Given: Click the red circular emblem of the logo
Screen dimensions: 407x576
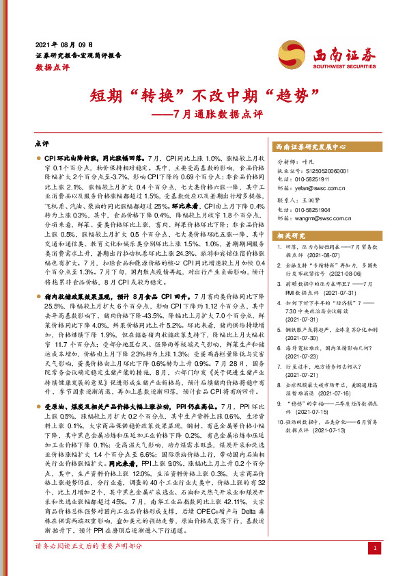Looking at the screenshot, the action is (x=291, y=53).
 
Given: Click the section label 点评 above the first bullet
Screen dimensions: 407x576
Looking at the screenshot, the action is (x=41, y=144).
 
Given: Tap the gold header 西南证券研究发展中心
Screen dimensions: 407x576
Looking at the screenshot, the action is (x=311, y=146).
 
